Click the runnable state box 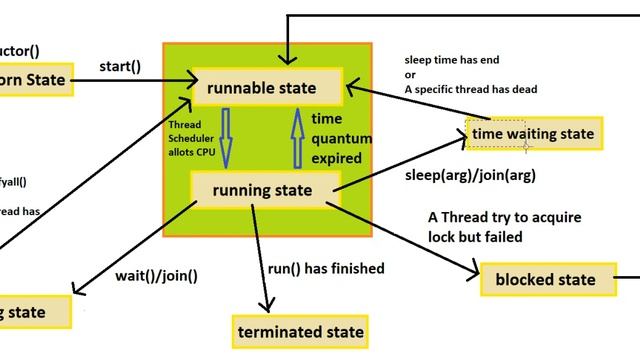(x=261, y=88)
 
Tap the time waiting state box (x=533, y=134)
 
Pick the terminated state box (x=299, y=329)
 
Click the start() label (x=119, y=66)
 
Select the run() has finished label (x=326, y=268)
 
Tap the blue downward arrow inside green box (x=225, y=139)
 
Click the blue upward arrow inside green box (x=295, y=139)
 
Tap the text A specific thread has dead (x=470, y=89)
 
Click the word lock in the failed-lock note (x=444, y=237)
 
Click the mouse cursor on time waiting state (x=526, y=144)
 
